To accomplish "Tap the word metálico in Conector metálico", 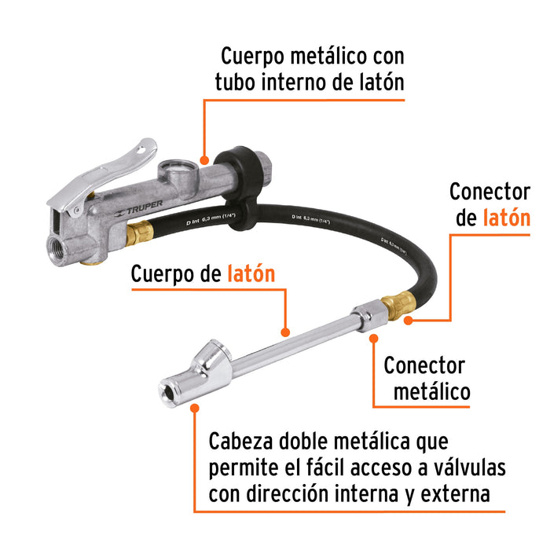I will pyautogui.click(x=431, y=390).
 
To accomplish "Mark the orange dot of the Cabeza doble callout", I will pyautogui.click(x=194, y=408).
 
